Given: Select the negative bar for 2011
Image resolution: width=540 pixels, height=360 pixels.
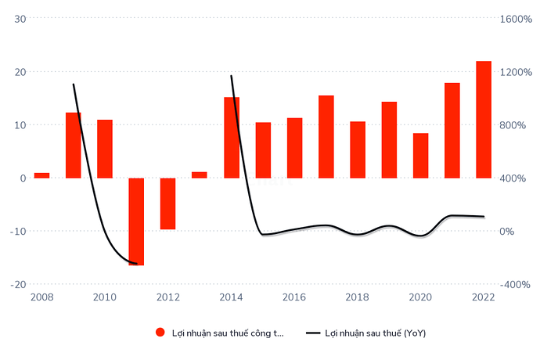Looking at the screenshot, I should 136,221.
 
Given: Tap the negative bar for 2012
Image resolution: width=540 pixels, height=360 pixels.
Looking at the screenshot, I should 167,203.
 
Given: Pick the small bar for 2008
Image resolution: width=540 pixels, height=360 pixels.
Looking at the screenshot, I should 41,175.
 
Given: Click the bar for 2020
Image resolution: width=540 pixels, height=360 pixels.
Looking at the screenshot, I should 421,156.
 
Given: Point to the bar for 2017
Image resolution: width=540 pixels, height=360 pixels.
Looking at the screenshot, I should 326,137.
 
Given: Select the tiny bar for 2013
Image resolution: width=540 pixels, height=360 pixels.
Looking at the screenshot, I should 200,175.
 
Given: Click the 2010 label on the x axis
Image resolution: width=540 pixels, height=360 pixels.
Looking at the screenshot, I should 105,297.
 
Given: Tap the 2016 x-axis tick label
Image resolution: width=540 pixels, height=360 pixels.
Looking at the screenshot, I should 294,297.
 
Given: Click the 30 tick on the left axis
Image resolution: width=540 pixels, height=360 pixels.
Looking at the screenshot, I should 21,19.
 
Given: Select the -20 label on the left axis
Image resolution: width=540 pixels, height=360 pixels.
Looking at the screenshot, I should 19,284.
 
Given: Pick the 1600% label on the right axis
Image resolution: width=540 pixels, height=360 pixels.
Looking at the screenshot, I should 516,19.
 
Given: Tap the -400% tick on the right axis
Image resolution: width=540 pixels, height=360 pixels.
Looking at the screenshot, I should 516,284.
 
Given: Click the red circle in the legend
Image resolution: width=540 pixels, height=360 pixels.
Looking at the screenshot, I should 160,333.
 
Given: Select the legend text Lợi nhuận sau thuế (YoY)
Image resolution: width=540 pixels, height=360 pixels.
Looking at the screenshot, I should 376,333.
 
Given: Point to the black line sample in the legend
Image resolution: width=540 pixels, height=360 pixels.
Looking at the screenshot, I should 312,333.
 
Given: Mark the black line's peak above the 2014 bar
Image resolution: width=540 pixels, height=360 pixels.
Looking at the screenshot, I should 232,76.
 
